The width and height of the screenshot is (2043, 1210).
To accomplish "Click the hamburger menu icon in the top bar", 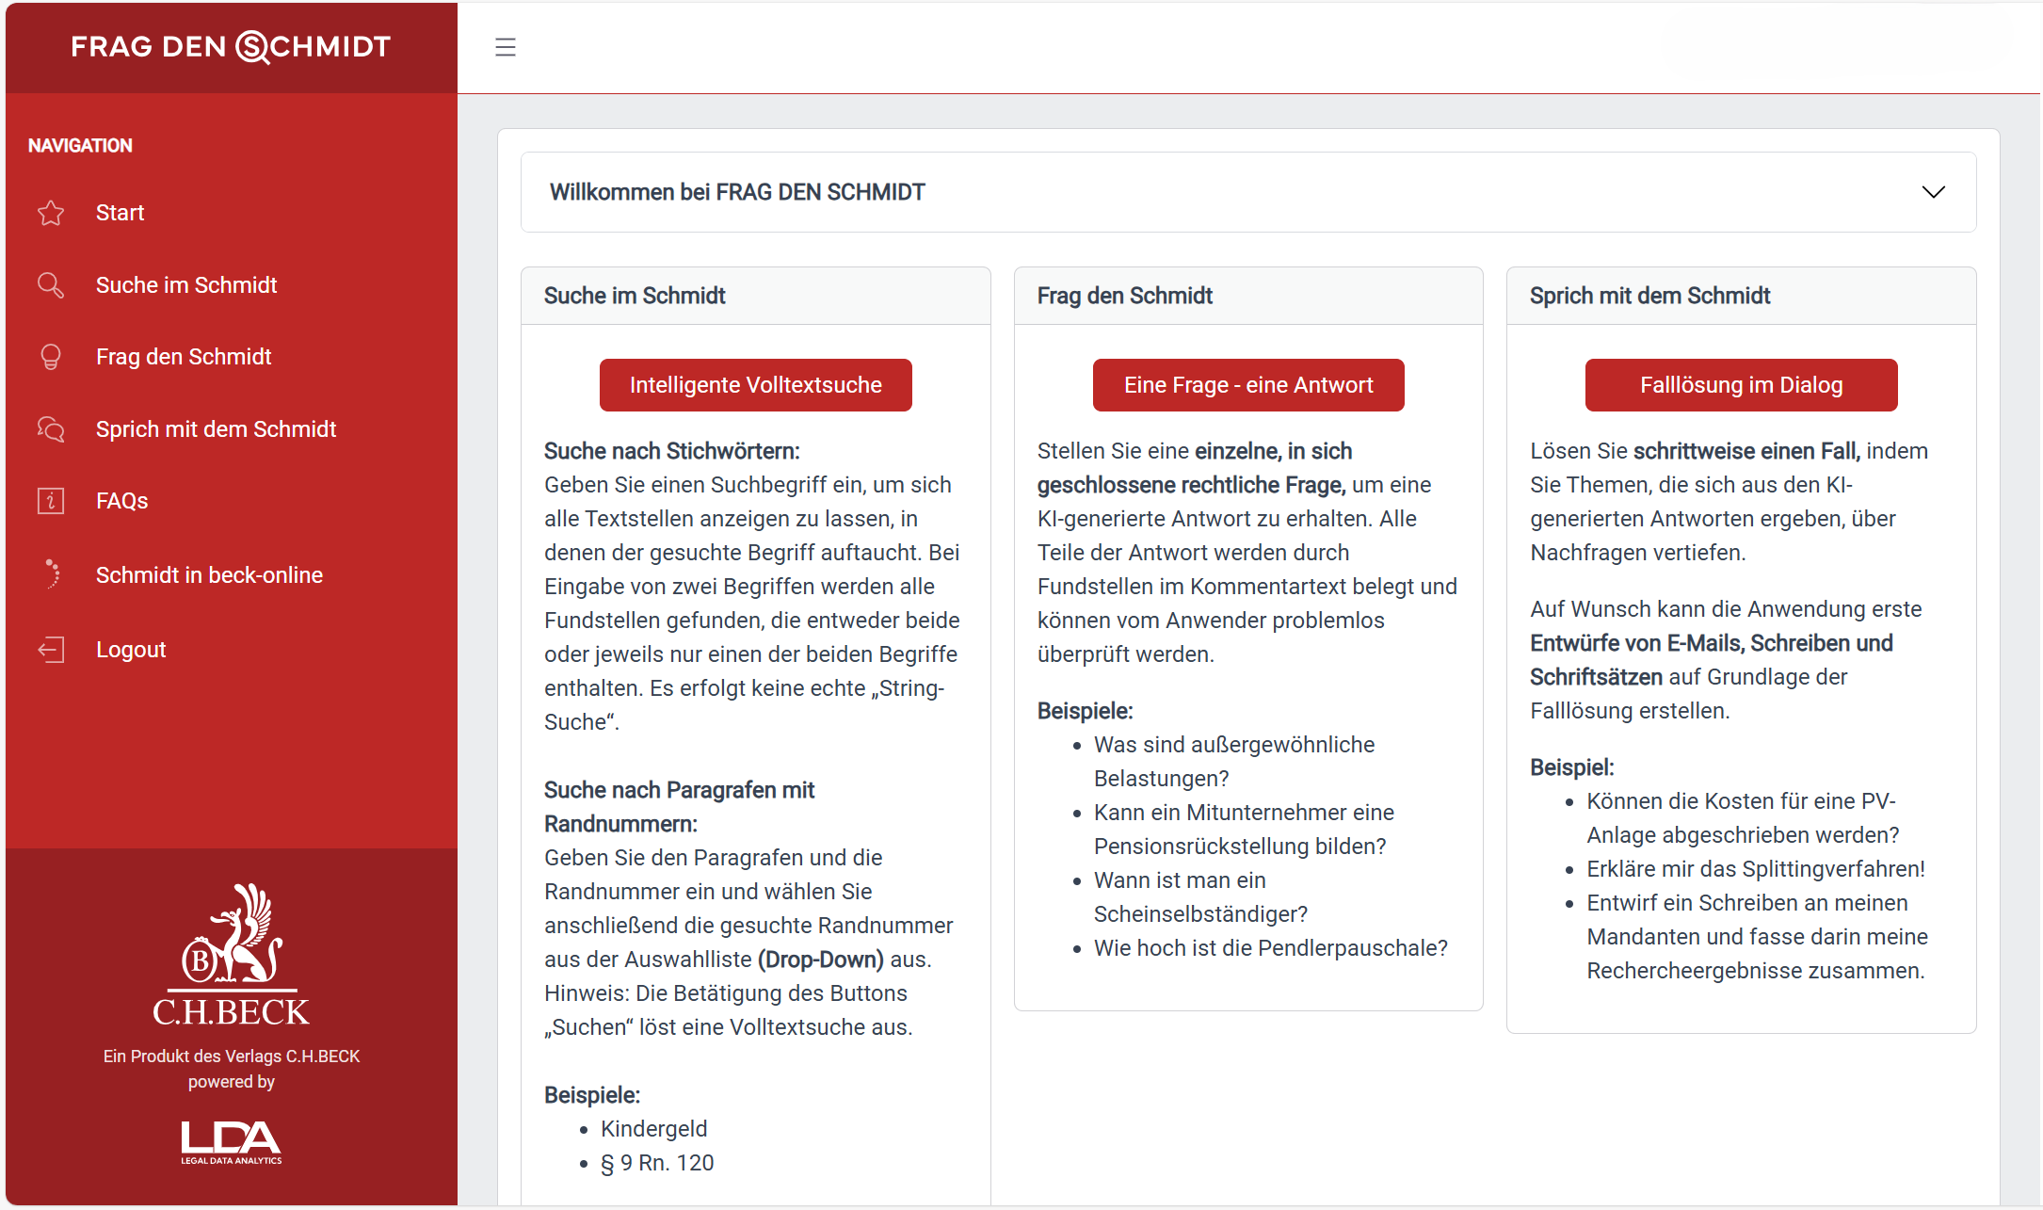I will (x=506, y=47).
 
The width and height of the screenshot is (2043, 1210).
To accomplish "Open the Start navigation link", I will (x=120, y=213).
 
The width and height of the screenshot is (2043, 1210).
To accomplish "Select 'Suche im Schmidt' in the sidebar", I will (x=185, y=285).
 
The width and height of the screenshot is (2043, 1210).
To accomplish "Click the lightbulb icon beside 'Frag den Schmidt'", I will (x=51, y=357).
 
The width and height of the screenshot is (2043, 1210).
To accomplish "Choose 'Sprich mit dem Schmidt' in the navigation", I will (x=216, y=429).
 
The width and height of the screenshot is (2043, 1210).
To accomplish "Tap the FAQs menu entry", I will (x=121, y=501).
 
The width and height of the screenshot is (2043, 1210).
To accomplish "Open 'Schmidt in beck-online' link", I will (x=209, y=575).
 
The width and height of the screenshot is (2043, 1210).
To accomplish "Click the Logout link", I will (x=130, y=650).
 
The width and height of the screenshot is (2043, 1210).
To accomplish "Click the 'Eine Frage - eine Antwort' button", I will (x=1247, y=385).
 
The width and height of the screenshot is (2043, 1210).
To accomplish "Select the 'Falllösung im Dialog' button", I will (x=1741, y=385).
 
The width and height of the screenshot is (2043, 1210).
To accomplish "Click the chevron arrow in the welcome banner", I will (x=1933, y=192).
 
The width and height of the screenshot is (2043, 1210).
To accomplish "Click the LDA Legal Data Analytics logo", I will (x=232, y=1142).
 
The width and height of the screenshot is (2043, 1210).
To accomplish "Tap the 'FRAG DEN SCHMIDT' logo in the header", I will (x=231, y=46).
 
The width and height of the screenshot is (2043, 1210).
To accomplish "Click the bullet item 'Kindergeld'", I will (x=653, y=1129).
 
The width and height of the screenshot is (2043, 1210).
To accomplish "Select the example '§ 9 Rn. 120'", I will (x=657, y=1163).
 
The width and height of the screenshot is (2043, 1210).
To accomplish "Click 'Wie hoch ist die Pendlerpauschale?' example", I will (x=1270, y=948).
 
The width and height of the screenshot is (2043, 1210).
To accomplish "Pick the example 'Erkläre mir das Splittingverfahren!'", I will (x=1755, y=869).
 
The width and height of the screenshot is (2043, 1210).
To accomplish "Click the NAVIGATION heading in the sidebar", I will (x=80, y=146).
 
